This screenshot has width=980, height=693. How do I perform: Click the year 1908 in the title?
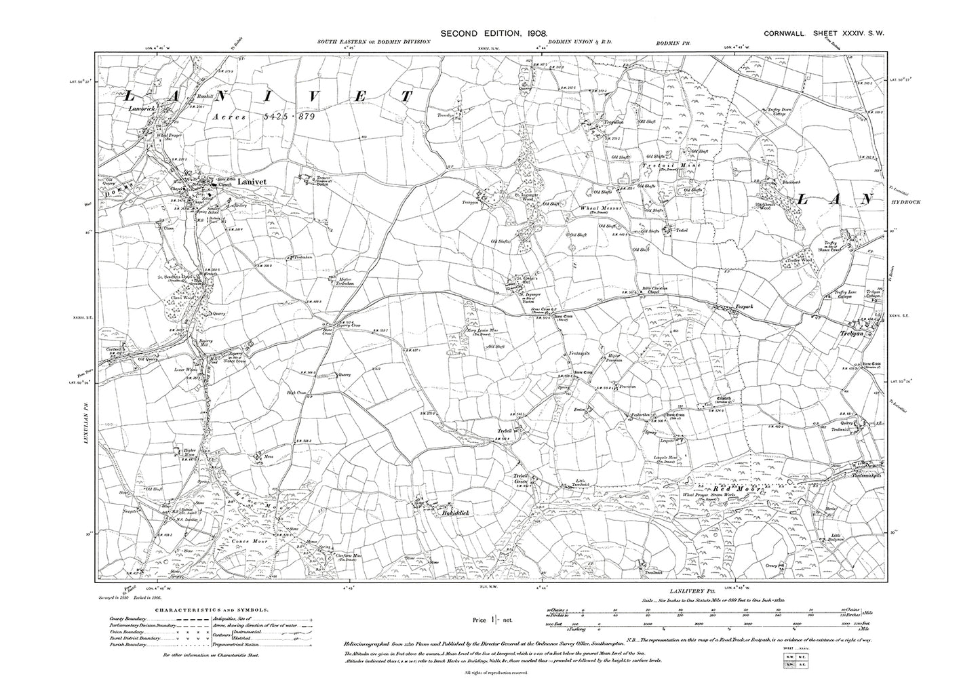[x=531, y=33]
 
